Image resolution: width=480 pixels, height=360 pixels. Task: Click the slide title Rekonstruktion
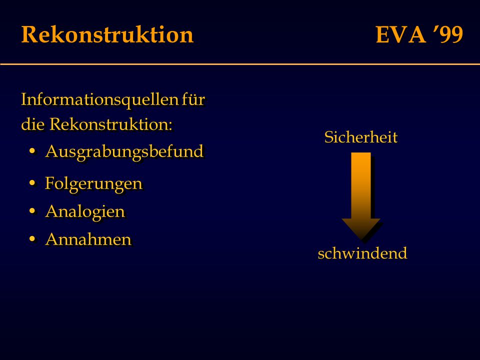107,34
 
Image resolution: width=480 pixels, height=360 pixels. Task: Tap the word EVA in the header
400,34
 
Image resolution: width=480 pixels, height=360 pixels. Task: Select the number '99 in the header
448,34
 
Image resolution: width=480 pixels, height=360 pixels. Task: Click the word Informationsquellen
99,100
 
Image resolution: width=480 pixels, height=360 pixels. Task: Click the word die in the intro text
33,124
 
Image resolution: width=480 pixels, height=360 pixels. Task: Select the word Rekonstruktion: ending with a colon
111,124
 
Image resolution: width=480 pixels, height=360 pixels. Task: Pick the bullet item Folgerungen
93,184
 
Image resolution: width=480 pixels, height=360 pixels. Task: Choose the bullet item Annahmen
88,239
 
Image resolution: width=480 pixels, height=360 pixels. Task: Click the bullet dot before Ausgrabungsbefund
32,151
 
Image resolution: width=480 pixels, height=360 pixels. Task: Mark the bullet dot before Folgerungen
32,183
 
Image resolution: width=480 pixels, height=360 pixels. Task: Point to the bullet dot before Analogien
32,211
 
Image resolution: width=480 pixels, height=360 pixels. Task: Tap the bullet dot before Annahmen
32,239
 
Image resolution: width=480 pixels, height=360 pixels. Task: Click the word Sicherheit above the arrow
361,137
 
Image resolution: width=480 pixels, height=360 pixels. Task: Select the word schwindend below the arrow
362,253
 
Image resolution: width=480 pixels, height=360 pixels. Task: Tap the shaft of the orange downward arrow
361,185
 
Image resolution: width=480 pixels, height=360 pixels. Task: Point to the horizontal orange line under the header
240,64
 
